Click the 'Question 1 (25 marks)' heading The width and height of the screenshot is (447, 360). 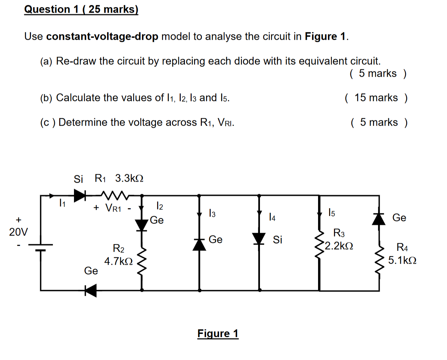pyautogui.click(x=81, y=9)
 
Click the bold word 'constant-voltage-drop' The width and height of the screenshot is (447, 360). pyautogui.click(x=102, y=37)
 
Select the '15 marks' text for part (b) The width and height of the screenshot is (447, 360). pyautogui.click(x=376, y=98)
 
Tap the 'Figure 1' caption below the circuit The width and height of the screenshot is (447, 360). pyautogui.click(x=218, y=333)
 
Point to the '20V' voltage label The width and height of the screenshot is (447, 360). pyautogui.click(x=18, y=232)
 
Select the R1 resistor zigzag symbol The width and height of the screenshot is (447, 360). pyautogui.click(x=114, y=195)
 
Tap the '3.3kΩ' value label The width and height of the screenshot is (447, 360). pyautogui.click(x=129, y=178)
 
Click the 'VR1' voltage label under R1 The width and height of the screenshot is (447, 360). pyautogui.click(x=113, y=208)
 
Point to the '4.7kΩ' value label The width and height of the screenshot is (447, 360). pyautogui.click(x=118, y=261)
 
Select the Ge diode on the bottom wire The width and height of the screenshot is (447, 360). pyautogui.click(x=91, y=291)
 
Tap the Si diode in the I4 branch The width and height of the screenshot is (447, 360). pyautogui.click(x=259, y=238)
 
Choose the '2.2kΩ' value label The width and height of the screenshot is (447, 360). pyautogui.click(x=339, y=246)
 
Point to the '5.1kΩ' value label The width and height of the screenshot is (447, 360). pyautogui.click(x=402, y=260)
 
